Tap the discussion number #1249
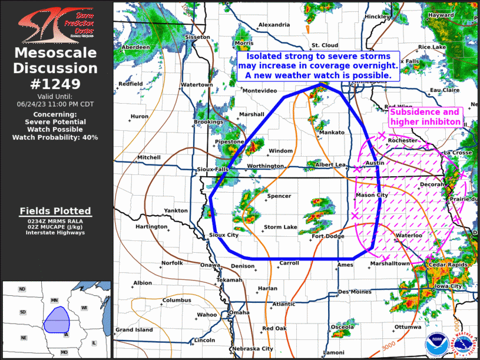[56, 84]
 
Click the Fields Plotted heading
[55, 211]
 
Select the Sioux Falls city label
[213, 169]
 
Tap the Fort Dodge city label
[327, 236]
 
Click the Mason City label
[372, 195]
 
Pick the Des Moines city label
[355, 292]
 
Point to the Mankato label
[332, 133]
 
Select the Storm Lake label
[280, 227]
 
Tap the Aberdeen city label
[136, 47]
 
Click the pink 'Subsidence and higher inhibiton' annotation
[424, 117]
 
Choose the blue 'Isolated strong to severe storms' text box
[318, 65]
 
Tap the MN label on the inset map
[54, 300]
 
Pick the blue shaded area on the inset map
[57, 321]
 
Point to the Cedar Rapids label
[448, 265]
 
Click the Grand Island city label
[134, 329]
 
